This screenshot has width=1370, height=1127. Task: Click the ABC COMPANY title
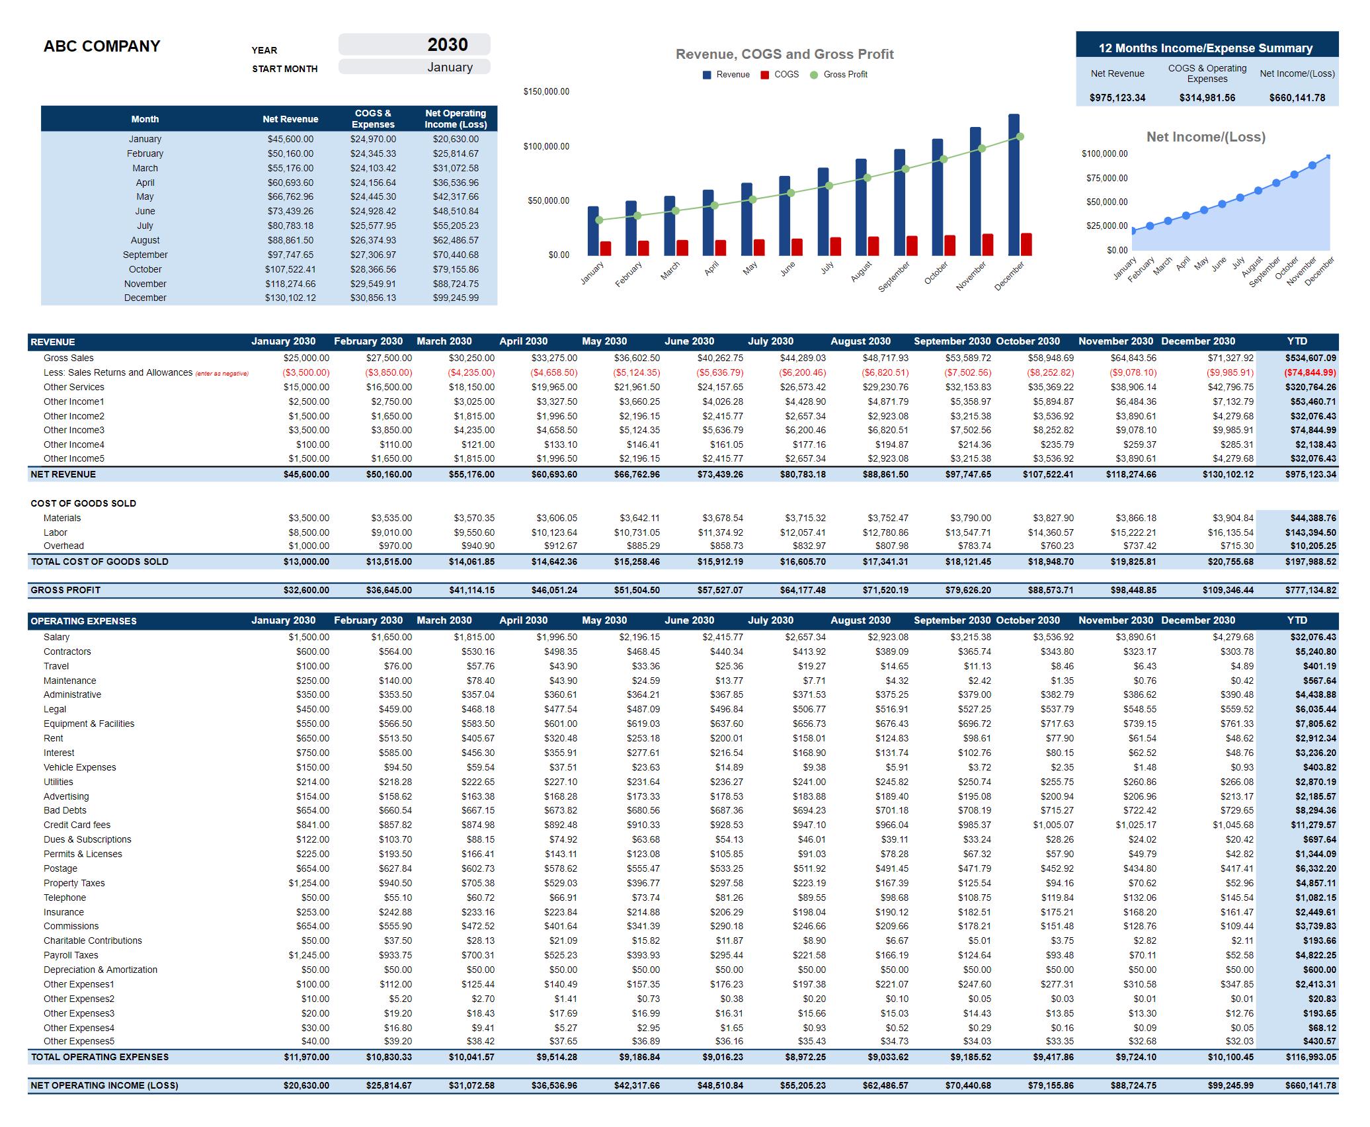(x=102, y=46)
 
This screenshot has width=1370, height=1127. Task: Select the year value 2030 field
(x=447, y=44)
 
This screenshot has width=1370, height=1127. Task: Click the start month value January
(x=450, y=67)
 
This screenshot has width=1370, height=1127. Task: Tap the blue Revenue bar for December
(x=1014, y=185)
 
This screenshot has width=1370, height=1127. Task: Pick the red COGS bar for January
(x=606, y=249)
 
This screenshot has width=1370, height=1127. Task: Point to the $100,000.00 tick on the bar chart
(x=546, y=146)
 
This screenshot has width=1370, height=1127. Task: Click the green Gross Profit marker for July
(x=830, y=186)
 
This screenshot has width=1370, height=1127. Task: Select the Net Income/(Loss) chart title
(x=1205, y=137)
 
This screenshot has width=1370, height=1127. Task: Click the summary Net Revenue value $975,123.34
(x=1117, y=98)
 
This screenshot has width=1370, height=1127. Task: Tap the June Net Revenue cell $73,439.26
(x=290, y=211)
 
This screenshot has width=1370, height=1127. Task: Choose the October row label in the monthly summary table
(x=145, y=269)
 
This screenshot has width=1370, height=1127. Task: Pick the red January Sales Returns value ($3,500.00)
(x=306, y=372)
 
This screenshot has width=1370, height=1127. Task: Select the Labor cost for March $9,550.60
(x=473, y=532)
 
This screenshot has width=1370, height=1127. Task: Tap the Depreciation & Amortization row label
(x=101, y=970)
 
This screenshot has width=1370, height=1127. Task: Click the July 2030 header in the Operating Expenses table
(x=770, y=620)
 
